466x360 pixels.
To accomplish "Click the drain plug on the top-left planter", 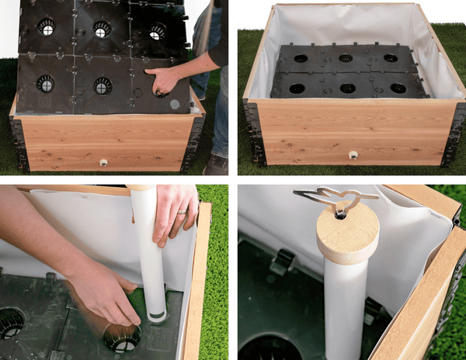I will click(x=103, y=163).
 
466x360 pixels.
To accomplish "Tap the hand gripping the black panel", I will click(x=165, y=80).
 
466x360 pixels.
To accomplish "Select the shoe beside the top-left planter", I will click(x=217, y=164).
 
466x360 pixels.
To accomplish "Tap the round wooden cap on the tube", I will click(x=347, y=234).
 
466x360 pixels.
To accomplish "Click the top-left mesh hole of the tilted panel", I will click(x=47, y=27).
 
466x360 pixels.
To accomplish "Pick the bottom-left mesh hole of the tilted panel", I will click(x=45, y=83).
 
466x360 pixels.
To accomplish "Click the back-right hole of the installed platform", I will click(x=390, y=58).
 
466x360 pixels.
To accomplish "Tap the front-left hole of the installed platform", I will click(x=297, y=88).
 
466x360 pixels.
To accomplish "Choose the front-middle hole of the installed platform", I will click(x=347, y=88).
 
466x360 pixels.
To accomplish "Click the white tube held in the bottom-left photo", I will click(x=145, y=248).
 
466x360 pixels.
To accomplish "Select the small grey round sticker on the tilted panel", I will click(x=174, y=103).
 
